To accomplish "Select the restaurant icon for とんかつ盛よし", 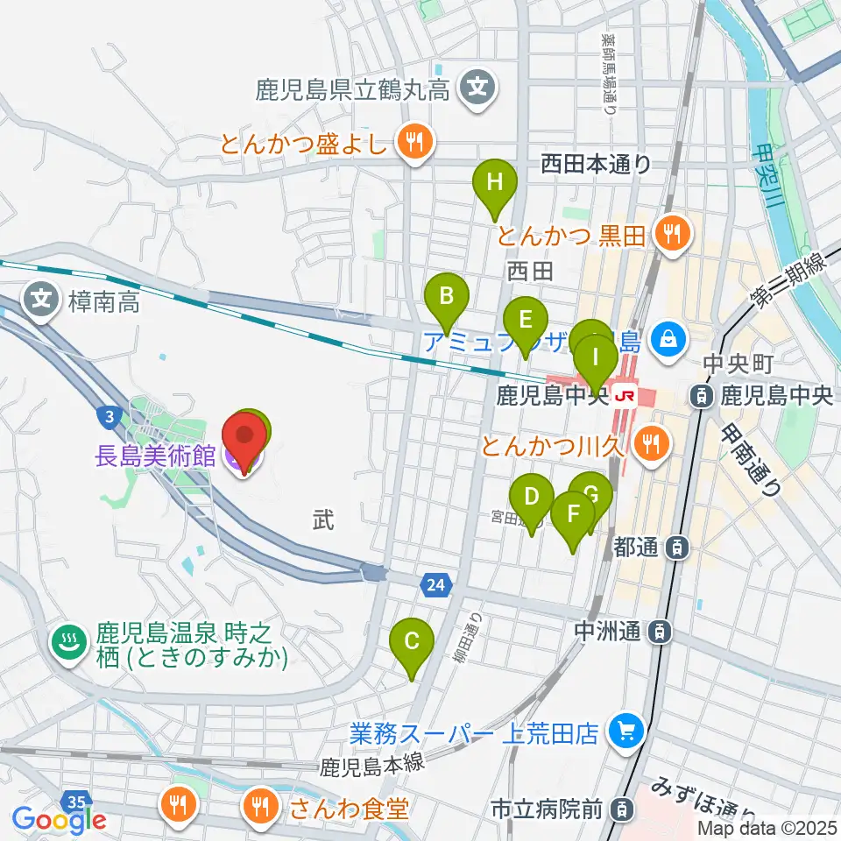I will (x=412, y=138).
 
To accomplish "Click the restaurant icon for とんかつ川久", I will (x=649, y=442).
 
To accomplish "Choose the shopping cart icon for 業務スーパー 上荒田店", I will (x=626, y=728).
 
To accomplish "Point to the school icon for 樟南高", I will (x=41, y=300).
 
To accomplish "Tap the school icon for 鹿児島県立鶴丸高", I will (x=478, y=88).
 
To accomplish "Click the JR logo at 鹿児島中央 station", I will (x=625, y=396).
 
